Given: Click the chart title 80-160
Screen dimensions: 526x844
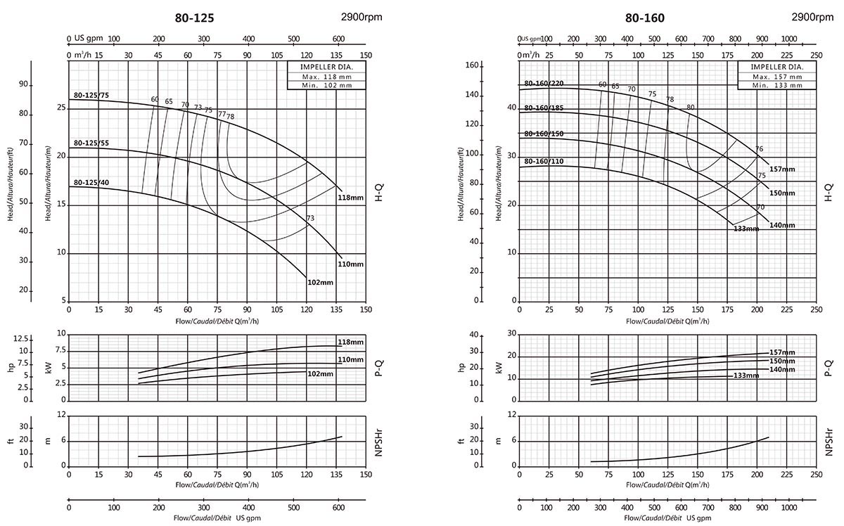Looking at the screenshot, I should click(645, 19).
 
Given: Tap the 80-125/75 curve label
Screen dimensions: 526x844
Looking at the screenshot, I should click(91, 95).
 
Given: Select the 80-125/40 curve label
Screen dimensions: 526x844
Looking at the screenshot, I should click(91, 182).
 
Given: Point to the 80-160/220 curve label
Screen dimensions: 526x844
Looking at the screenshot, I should click(544, 84).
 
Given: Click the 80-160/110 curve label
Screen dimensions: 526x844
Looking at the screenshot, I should click(544, 162).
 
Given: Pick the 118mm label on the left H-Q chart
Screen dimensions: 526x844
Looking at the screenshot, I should click(352, 198).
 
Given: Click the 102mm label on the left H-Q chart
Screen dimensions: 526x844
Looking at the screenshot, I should click(320, 282).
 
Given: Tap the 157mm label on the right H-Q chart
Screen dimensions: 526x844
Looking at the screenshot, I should click(782, 169).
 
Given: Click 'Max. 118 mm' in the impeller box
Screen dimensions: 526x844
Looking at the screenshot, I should click(318, 77).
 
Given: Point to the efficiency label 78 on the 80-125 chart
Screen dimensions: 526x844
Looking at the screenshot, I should click(231, 117).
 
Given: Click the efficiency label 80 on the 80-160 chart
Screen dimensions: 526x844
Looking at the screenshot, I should click(691, 108).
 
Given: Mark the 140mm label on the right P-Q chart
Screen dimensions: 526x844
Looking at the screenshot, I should click(782, 369).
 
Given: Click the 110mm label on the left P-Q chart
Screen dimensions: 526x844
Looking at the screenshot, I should click(350, 359).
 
